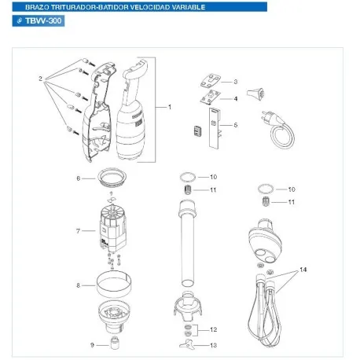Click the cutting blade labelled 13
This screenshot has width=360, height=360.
(186, 344)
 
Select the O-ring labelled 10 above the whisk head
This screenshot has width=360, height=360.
(263, 189)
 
